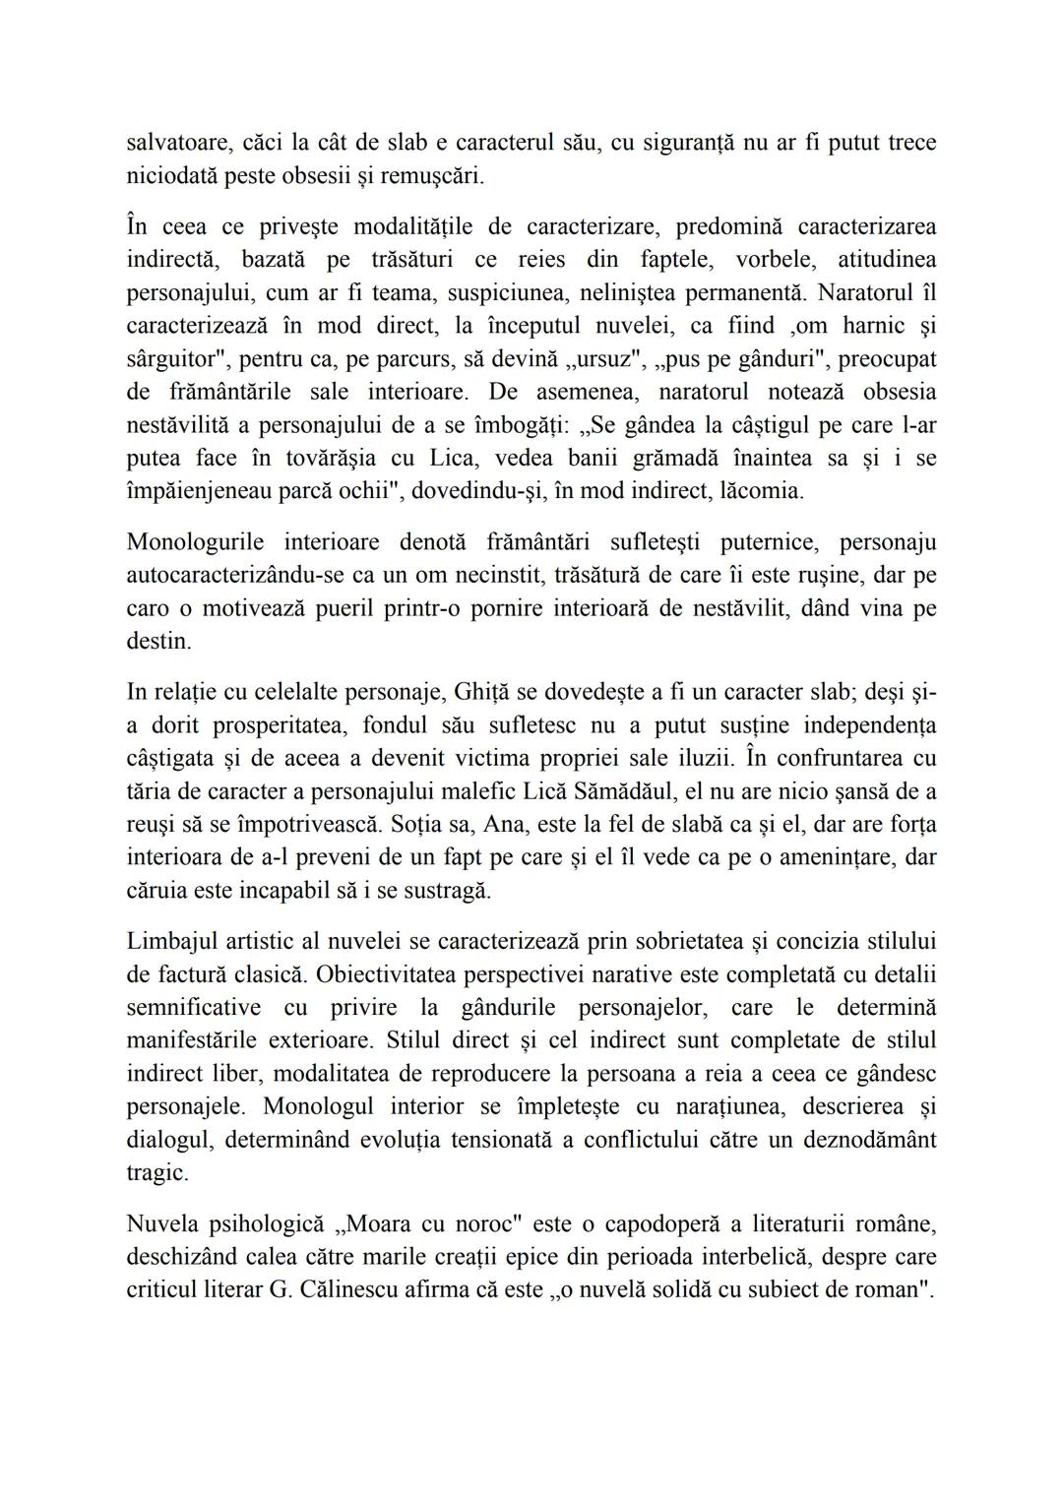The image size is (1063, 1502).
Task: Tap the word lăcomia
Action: [x=755, y=490]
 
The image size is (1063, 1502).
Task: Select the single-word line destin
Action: [x=158, y=641]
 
